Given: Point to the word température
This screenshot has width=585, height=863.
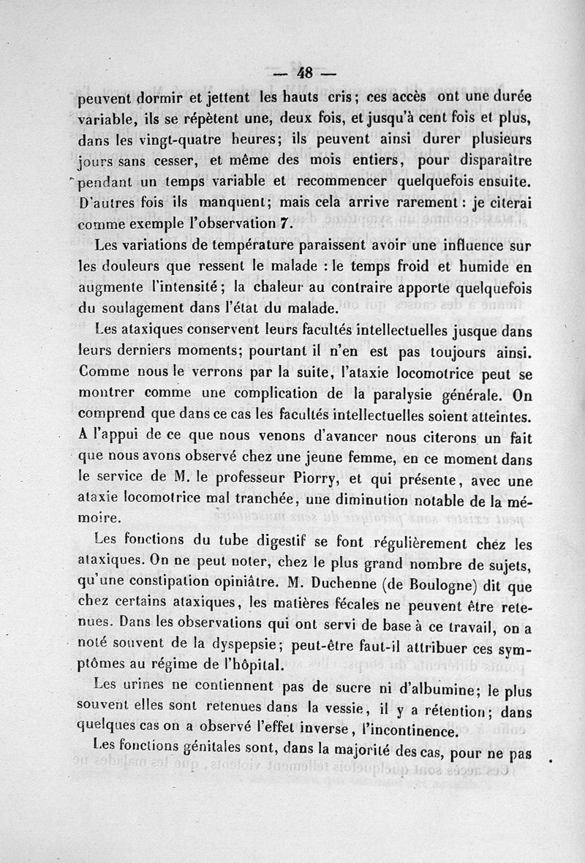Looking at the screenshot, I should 244,246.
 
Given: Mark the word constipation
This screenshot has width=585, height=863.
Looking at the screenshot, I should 181,584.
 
